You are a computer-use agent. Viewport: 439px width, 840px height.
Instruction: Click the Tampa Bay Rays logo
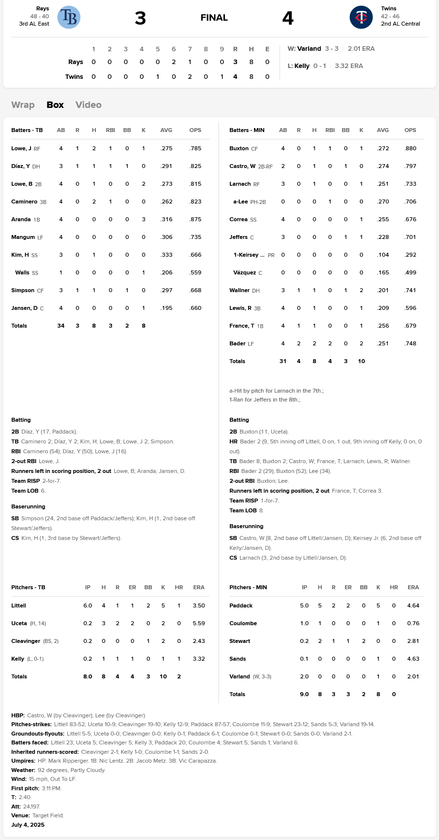pyautogui.click(x=69, y=17)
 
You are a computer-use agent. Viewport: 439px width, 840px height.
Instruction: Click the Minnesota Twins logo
pyautogui.click(x=361, y=17)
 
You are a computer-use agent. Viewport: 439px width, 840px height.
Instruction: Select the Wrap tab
pyautogui.click(x=23, y=105)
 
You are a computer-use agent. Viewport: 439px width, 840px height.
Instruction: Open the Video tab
pyautogui.click(x=89, y=105)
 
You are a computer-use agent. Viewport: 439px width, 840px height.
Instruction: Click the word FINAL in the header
pyautogui.click(x=214, y=18)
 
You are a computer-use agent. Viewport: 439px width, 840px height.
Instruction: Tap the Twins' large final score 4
pyautogui.click(x=288, y=18)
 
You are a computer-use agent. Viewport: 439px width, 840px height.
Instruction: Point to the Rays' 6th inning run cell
pyautogui.click(x=174, y=62)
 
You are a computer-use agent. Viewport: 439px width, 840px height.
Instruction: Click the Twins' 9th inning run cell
pyautogui.click(x=221, y=77)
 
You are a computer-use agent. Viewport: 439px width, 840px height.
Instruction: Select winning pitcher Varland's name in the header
pyautogui.click(x=309, y=49)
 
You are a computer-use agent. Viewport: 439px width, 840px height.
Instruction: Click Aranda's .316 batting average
pyautogui.click(x=166, y=219)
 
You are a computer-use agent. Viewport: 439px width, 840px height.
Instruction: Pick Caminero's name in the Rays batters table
pyautogui.click(x=24, y=202)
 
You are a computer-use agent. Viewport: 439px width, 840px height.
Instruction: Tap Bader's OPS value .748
pyautogui.click(x=410, y=343)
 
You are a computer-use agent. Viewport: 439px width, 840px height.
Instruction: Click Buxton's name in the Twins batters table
pyautogui.click(x=239, y=148)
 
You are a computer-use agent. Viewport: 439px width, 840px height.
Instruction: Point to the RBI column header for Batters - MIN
pyautogui.click(x=330, y=130)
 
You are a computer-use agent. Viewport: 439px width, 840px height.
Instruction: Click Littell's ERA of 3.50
pyautogui.click(x=199, y=605)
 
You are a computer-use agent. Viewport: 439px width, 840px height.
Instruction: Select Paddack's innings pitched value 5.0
pyautogui.click(x=304, y=605)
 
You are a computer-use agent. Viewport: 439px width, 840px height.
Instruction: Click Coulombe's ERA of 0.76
pyautogui.click(x=413, y=623)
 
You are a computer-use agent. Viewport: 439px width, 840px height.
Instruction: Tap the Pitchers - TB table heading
pyautogui.click(x=28, y=587)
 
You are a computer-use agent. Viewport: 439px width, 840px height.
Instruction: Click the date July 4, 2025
pyautogui.click(x=28, y=825)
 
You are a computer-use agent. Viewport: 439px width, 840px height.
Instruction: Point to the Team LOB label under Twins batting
pyautogui.click(x=243, y=510)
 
